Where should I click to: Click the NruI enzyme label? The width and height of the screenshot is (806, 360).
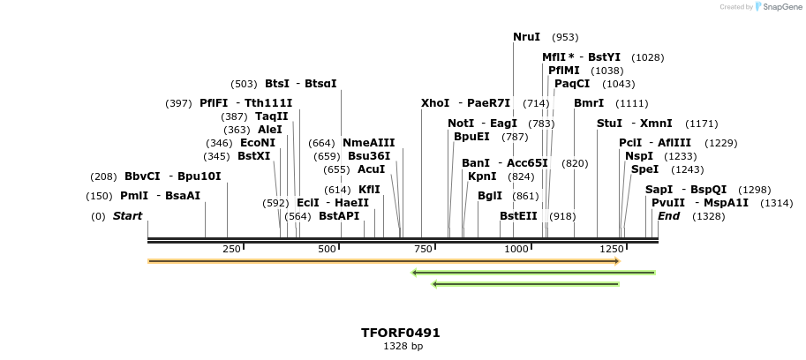click(x=526, y=37)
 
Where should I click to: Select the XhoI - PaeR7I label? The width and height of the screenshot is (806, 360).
click(x=465, y=103)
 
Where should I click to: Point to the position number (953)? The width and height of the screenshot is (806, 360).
click(x=565, y=38)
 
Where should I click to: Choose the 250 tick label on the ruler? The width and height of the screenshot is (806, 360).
click(x=231, y=250)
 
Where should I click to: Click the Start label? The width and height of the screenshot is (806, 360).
click(x=127, y=216)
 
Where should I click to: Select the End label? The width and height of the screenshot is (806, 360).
click(x=668, y=216)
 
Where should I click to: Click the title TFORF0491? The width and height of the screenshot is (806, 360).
click(x=400, y=333)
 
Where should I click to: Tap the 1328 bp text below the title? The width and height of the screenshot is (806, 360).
click(x=400, y=347)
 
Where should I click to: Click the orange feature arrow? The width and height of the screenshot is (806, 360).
click(x=383, y=261)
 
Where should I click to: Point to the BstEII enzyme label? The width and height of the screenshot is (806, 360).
click(x=518, y=216)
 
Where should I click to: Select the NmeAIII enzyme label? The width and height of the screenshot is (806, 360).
click(x=368, y=143)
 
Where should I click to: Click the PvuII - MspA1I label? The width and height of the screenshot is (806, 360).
click(x=699, y=203)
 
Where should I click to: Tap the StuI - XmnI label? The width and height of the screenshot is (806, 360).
click(x=634, y=124)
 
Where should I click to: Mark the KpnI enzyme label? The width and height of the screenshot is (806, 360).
click(x=482, y=176)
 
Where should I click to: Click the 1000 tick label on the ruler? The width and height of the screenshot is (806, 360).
click(x=516, y=250)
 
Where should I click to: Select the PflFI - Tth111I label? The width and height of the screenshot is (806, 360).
click(x=245, y=103)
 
